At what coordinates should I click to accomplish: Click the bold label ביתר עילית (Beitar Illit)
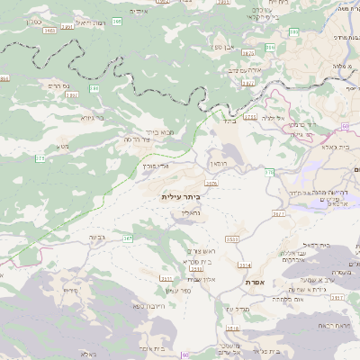(x=178, y=196)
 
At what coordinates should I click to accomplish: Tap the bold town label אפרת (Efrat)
(x=253, y=282)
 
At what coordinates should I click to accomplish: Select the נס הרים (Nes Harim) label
(x=53, y=85)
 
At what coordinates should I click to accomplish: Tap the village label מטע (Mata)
(x=62, y=147)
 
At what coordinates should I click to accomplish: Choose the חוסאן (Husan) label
(x=222, y=165)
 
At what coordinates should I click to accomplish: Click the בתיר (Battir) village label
(x=228, y=118)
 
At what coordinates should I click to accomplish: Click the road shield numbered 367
(x=128, y=239)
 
